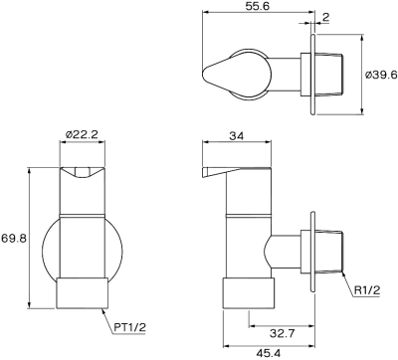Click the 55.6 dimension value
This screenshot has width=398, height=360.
257,6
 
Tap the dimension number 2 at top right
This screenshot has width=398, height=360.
325,17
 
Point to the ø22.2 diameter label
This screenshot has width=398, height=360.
82,134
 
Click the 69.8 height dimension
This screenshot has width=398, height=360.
14,238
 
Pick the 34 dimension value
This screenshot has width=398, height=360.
237,135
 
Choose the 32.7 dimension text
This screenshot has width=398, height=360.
282,333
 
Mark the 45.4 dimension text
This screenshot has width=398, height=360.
269,353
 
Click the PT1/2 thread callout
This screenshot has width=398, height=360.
130,327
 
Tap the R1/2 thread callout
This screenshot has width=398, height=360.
367,290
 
